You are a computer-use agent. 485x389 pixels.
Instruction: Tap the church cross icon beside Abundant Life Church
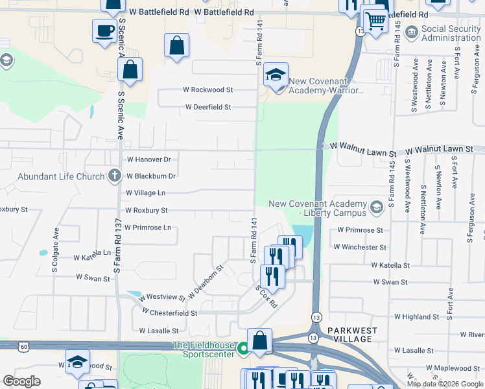click(114, 175)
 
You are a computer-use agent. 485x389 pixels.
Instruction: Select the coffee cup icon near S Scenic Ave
click(104, 30)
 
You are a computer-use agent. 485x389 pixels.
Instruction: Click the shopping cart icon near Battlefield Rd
click(374, 20)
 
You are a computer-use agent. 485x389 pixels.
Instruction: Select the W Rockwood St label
click(207, 90)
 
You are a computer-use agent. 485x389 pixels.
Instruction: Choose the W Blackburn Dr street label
click(151, 176)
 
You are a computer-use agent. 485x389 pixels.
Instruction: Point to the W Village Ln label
click(146, 193)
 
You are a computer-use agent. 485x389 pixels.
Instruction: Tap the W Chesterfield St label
click(173, 312)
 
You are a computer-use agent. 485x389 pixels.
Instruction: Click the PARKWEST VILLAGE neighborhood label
click(351, 335)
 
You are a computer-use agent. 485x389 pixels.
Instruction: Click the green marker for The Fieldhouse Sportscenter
click(243, 349)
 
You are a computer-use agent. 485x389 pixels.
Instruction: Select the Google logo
click(22, 382)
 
